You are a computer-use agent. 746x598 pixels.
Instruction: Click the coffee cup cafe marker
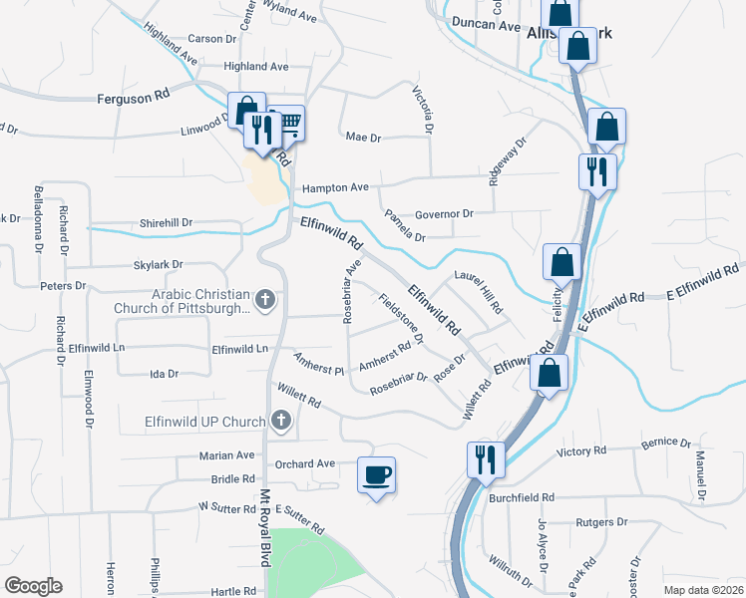point(376,474)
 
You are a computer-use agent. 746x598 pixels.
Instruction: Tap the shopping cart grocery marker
point(286,123)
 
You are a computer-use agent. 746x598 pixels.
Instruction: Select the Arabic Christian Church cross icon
point(265,299)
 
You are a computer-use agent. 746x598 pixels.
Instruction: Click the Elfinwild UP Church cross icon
point(281,422)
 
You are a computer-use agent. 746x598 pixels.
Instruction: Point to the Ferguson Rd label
point(134,99)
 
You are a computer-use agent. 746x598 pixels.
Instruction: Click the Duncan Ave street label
point(486,23)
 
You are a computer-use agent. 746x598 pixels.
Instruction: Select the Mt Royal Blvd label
point(265,527)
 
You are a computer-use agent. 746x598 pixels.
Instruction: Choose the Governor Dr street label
point(443,213)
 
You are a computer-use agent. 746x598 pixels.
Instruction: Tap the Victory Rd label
point(580,451)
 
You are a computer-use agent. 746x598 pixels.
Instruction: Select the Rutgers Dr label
point(602,521)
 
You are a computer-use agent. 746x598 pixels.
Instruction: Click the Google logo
point(33,586)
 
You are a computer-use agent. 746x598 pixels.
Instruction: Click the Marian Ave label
point(226,455)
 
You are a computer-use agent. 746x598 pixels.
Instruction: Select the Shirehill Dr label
point(166,223)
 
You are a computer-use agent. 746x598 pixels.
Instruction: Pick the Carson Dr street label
point(210,39)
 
